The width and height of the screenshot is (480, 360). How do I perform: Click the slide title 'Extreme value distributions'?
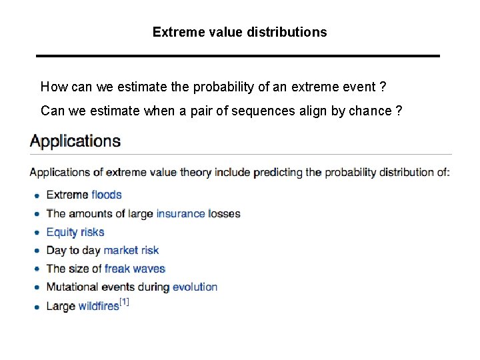tap(239, 32)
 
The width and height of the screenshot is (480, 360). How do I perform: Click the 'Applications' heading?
tap(75, 141)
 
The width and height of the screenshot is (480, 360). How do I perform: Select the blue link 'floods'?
tap(107, 195)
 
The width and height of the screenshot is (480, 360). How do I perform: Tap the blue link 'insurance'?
tap(181, 213)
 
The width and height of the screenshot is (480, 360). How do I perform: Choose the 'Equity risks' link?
tap(75, 232)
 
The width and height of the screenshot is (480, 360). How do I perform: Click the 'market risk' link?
tap(131, 250)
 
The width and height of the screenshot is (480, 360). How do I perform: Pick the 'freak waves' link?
tap(135, 269)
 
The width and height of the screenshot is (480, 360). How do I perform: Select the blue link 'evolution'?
tap(195, 287)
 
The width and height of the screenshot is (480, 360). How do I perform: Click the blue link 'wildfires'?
tap(99, 306)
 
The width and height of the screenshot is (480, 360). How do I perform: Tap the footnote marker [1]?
tap(124, 302)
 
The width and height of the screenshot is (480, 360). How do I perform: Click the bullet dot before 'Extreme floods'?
tap(37, 195)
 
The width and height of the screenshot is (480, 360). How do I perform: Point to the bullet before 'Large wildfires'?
tap(37, 307)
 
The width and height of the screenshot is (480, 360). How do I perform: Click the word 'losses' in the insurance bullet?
tap(225, 213)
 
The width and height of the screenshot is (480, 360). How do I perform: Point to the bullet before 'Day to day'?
tap(37, 251)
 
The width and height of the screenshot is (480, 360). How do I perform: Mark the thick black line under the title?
tap(238, 55)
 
